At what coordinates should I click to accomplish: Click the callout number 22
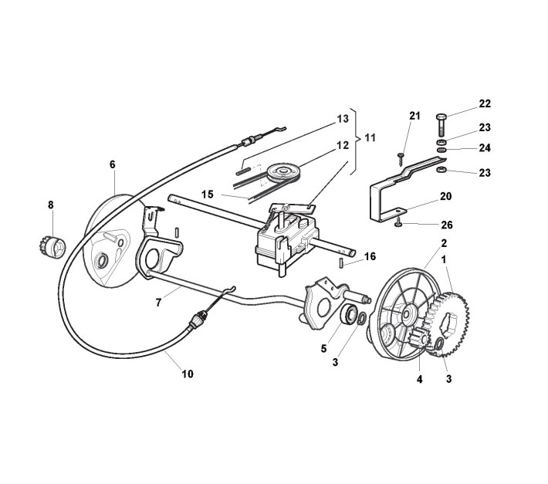pos(485,103)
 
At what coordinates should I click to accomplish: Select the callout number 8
pos(51,205)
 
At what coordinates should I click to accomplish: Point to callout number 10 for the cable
pos(188,374)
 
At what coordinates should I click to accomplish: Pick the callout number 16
pos(370,256)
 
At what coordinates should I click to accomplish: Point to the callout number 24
pos(485,147)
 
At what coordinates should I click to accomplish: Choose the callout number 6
pos(113,164)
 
